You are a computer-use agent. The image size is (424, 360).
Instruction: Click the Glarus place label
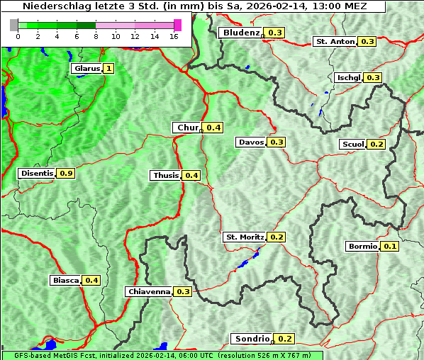pyautogui.click(x=86, y=69)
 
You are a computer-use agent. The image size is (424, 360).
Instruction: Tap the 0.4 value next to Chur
pyautogui.click(x=214, y=128)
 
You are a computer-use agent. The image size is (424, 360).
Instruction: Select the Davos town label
pyautogui.click(x=251, y=142)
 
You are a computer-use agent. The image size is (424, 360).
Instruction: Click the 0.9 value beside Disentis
pyautogui.click(x=67, y=173)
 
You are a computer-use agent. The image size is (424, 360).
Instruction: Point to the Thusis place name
pyautogui.click(x=165, y=175)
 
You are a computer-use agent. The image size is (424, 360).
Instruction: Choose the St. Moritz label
pyautogui.click(x=244, y=237)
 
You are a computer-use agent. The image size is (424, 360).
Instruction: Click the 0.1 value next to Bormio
pyautogui.click(x=390, y=247)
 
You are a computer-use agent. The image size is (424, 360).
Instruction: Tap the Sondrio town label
pyautogui.click(x=251, y=339)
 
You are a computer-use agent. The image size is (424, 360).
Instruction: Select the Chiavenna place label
pyautogui.click(x=148, y=291)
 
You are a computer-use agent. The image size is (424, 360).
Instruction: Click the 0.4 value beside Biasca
pyautogui.click(x=91, y=280)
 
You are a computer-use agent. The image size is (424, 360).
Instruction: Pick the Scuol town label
pyautogui.click(x=353, y=144)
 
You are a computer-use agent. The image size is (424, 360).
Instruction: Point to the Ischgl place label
pyautogui.click(x=348, y=77)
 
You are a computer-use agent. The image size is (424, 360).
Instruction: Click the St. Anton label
pyautogui.click(x=335, y=42)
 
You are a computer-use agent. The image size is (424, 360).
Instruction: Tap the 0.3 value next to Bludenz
pyautogui.click(x=275, y=33)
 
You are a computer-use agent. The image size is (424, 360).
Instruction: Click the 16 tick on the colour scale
pyautogui.click(x=174, y=36)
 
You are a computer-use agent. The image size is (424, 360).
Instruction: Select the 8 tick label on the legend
pyautogui.click(x=95, y=36)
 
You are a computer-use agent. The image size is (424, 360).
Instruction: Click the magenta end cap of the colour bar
pyautogui.click(x=177, y=25)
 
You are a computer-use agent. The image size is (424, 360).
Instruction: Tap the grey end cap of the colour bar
pyautogui.click(x=13, y=25)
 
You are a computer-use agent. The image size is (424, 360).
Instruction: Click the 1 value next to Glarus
pyautogui.click(x=108, y=69)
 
